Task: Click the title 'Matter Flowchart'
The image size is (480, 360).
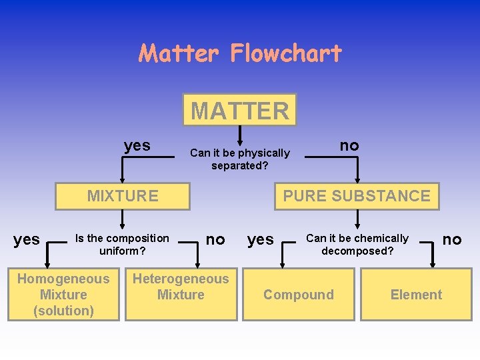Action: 240,53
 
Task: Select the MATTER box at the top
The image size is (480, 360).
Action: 240,110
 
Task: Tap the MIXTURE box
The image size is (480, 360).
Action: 123,196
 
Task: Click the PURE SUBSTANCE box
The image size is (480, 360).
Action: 357,196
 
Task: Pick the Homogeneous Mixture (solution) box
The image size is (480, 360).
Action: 63,295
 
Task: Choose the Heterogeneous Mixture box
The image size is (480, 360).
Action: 181,287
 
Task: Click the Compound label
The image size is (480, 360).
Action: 299,295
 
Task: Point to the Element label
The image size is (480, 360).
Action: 416,295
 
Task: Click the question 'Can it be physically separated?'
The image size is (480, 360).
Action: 240,159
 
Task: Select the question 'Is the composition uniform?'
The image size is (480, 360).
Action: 123,245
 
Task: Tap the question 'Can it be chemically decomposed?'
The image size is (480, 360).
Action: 357,245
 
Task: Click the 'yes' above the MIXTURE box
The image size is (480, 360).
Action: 137,145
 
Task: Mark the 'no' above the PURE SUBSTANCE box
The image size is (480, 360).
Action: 349,145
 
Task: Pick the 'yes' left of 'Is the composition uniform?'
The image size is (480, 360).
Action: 27,239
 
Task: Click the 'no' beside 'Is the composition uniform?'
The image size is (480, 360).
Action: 215,239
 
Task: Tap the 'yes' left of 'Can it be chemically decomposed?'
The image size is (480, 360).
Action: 261,239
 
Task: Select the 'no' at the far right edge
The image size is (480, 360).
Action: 452,239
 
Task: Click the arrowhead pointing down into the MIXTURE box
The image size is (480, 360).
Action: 122,179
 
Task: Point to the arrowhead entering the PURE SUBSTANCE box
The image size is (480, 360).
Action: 357,179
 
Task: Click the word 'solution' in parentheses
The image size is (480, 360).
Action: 63,311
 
